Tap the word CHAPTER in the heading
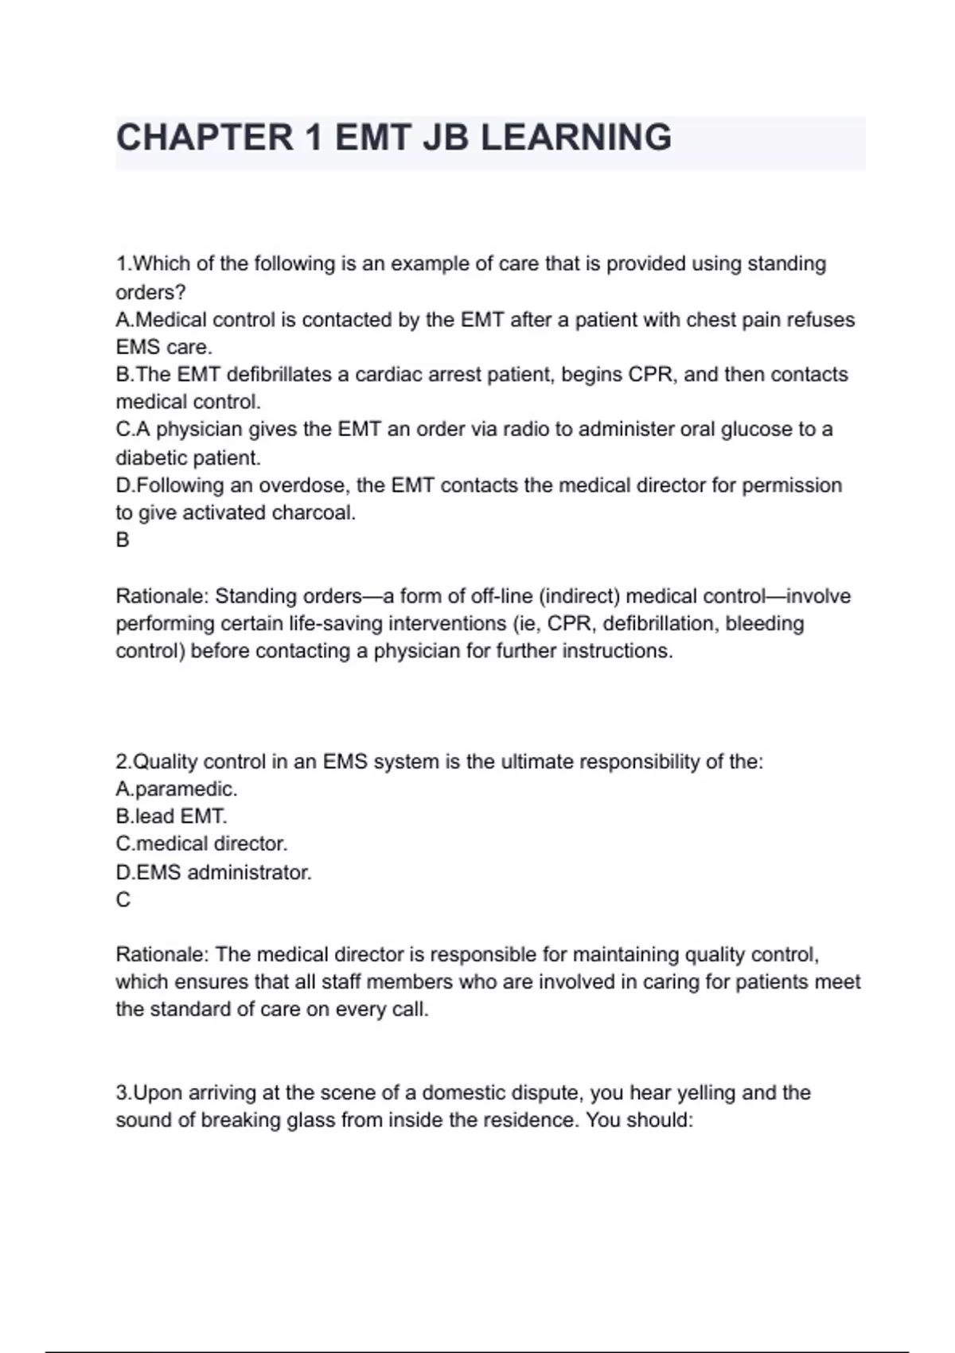[x=205, y=138]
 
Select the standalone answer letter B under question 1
[x=123, y=540]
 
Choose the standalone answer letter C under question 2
[x=123, y=900]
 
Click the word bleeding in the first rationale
[x=764, y=623]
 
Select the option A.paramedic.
[x=177, y=790]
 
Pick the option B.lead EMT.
[x=171, y=817]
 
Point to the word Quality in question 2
[x=165, y=762]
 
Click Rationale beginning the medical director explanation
[x=162, y=954]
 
